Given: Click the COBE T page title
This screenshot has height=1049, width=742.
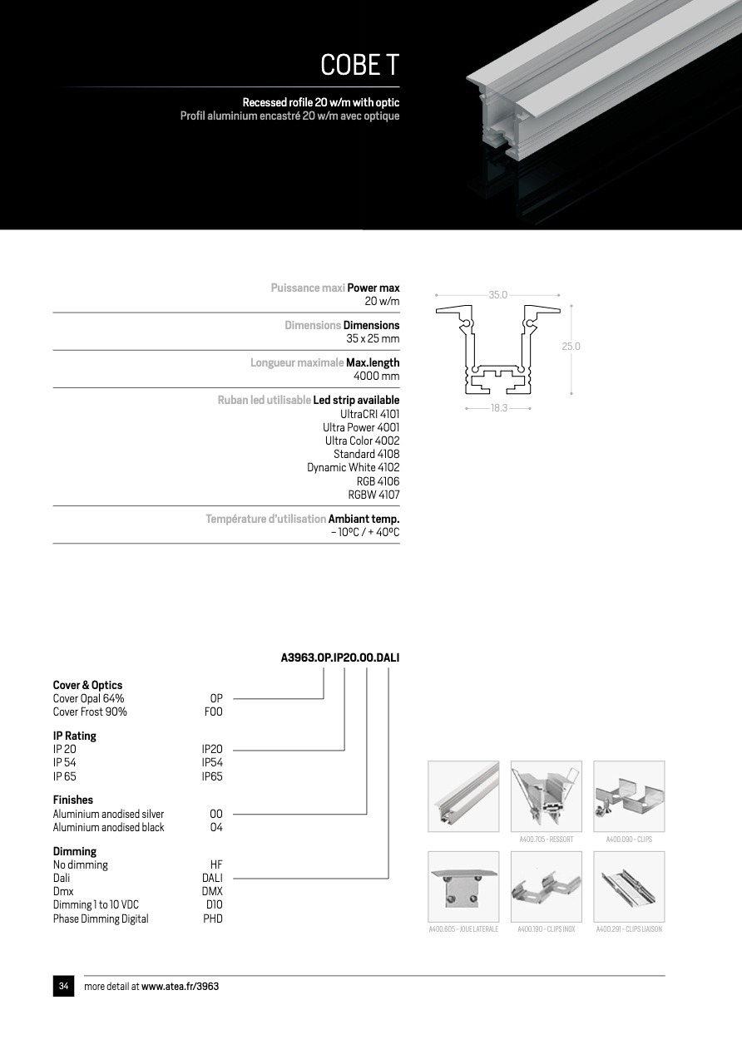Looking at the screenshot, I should click(359, 65).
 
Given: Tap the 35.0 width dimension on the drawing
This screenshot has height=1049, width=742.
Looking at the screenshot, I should click(497, 295).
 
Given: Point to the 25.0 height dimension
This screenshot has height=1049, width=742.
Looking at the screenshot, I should click(571, 347).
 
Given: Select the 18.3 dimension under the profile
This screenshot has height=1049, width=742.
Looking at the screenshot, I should click(498, 408).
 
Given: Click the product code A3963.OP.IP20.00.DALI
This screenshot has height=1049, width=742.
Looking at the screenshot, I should click(340, 657).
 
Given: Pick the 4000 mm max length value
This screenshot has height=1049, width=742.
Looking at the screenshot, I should click(376, 377).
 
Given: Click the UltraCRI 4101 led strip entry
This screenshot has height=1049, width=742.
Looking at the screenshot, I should click(369, 414).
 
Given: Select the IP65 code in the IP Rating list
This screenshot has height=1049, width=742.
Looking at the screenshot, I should click(212, 776).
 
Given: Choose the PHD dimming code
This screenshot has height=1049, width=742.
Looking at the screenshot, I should click(213, 918).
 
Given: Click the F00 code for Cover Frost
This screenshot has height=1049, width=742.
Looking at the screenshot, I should click(213, 712).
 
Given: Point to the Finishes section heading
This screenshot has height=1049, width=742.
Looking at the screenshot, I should click(73, 800).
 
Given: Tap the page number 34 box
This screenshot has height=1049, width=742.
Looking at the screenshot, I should click(63, 987).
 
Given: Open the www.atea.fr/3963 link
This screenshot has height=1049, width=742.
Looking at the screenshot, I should click(180, 987).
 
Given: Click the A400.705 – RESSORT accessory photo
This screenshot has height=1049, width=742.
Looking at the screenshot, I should click(546, 796).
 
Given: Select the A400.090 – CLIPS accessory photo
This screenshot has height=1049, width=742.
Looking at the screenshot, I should click(629, 796).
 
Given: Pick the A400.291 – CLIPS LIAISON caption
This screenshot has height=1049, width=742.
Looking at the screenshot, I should click(629, 929).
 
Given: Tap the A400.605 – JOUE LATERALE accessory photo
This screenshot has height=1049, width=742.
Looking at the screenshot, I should click(463, 887).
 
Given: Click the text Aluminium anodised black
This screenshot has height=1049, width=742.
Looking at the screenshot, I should click(109, 827).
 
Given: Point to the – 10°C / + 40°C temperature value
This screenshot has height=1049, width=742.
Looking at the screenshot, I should click(364, 532).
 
